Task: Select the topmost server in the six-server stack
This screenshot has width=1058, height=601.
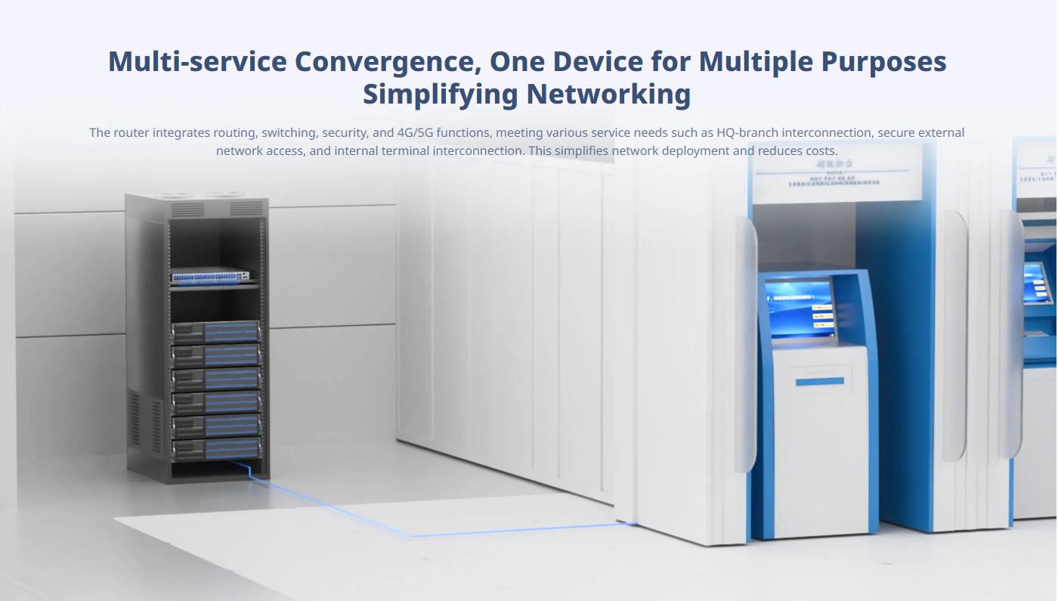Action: click(x=215, y=332)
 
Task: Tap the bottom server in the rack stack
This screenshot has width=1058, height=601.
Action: click(x=215, y=449)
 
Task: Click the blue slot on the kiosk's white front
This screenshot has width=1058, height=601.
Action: click(x=819, y=382)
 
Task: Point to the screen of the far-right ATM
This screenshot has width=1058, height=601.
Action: click(x=1037, y=281)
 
